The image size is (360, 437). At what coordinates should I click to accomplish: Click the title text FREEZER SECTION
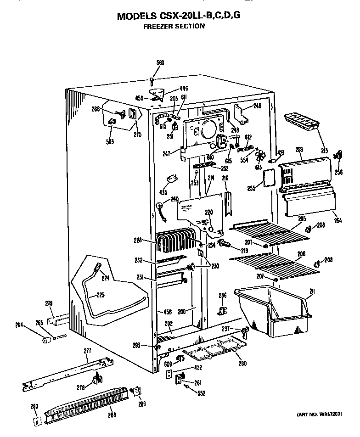tap(174, 26)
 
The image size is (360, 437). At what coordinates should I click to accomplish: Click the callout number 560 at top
tap(160, 62)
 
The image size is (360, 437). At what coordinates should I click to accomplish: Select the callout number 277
tap(88, 351)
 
